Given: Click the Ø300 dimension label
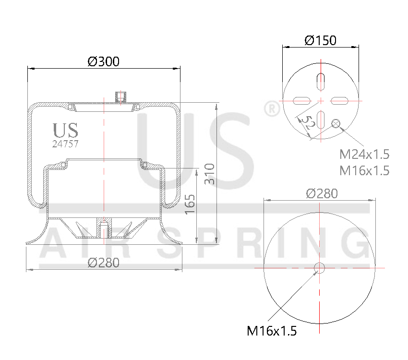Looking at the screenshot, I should tap(104, 61).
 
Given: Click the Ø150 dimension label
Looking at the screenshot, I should tap(320, 40).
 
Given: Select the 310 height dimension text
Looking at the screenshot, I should tap(209, 174).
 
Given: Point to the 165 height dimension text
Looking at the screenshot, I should tap(190, 204).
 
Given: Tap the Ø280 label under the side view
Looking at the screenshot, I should tap(104, 263).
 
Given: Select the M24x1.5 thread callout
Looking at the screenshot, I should tap(364, 155).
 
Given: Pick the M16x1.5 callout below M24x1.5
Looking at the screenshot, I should tap(364, 170).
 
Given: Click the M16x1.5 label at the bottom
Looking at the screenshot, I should tap(272, 331).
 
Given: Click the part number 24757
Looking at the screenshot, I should tap(65, 143).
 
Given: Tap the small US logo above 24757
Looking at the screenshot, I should tap(65, 130).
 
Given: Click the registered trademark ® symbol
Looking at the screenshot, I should tap(272, 109).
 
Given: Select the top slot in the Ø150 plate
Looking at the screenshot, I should tap(321, 81).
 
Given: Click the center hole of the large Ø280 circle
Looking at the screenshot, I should tap(320, 268).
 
